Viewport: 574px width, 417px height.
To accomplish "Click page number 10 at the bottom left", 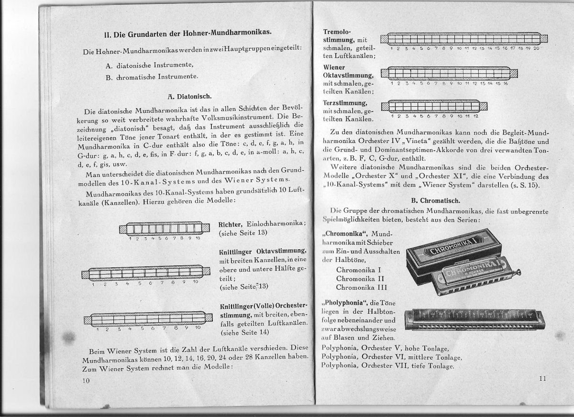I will tap(86, 380).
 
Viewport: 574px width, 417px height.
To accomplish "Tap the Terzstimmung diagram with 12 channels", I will tap(434, 106).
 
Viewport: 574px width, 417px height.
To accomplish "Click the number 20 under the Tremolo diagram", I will tap(536, 48).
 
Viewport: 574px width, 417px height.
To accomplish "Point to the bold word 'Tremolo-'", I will tap(337, 31).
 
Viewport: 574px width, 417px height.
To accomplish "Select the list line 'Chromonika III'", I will tap(362, 287).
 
